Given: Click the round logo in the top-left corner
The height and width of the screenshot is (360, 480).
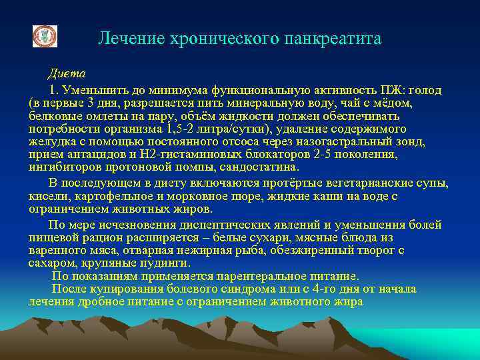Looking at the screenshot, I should click(45, 37).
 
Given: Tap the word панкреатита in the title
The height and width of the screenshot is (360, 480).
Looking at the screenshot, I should click(333, 39).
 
